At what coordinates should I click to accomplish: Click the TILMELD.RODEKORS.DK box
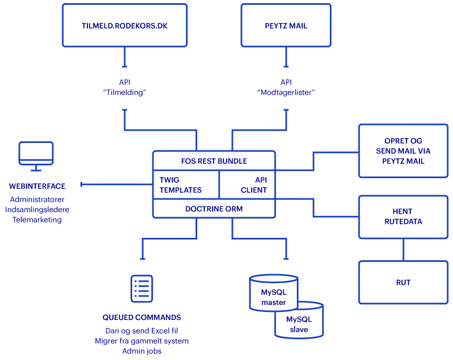[x=125, y=26]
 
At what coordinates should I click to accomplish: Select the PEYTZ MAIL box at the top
[x=286, y=26]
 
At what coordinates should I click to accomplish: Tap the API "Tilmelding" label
[x=125, y=87]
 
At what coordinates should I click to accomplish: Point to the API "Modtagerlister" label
[x=286, y=87]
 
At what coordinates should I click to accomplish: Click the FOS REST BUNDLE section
[x=214, y=161]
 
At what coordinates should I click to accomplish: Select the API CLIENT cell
[x=248, y=185]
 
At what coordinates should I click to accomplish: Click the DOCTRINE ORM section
[x=214, y=209]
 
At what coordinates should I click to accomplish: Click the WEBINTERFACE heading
[x=37, y=186]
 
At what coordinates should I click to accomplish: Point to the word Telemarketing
[x=37, y=220]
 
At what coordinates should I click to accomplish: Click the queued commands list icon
[x=142, y=289]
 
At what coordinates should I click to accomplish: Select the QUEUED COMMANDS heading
[x=142, y=317]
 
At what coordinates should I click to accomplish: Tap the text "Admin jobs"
[x=142, y=351]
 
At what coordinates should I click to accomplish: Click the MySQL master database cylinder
[x=273, y=293]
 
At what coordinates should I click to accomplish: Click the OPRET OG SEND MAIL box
[x=403, y=151]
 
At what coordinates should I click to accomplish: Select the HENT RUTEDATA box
[x=403, y=217]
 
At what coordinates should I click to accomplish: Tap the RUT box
[x=403, y=283]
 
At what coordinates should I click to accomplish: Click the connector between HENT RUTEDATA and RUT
[x=403, y=250]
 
